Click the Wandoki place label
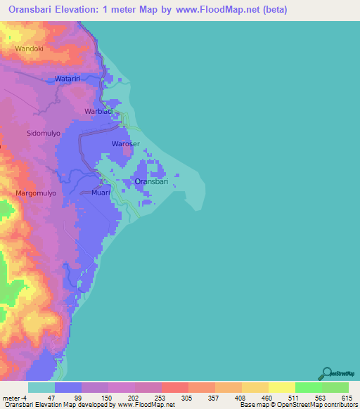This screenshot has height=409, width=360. click(x=29, y=48)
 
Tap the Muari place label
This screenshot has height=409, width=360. click(x=101, y=192)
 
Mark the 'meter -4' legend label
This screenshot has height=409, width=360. click(x=13, y=398)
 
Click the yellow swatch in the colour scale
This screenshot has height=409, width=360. click(x=281, y=387)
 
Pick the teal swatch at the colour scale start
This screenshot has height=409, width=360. click(x=41, y=387)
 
